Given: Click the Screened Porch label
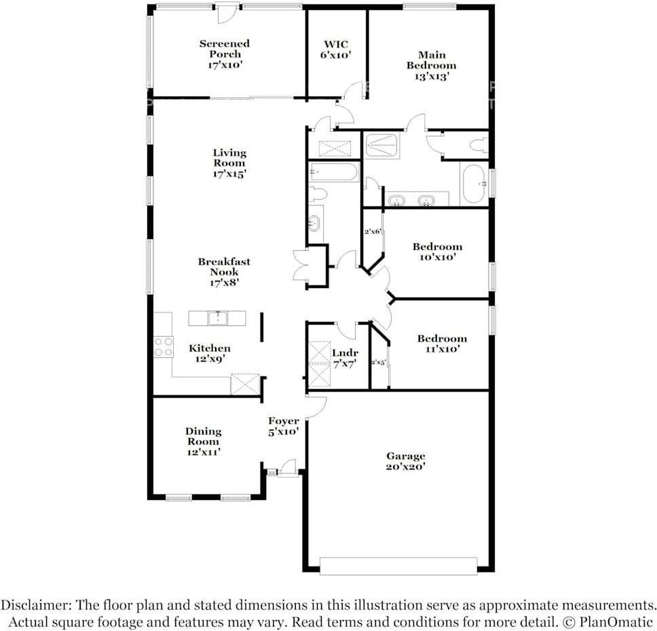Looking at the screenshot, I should click(225, 54).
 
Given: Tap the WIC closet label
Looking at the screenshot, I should click(335, 50).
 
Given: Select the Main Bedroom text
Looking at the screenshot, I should click(431, 65).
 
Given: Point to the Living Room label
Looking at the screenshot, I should click(229, 163).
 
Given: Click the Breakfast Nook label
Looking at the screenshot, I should click(224, 271).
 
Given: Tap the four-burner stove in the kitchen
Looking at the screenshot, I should click(163, 346).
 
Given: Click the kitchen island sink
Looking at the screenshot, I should click(217, 318).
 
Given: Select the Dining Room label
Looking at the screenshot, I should click(203, 441).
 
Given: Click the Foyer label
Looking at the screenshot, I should click(283, 426).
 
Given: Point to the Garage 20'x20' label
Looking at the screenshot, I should click(406, 461).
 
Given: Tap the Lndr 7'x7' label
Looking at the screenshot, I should click(345, 359).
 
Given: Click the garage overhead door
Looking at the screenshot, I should click(398, 565).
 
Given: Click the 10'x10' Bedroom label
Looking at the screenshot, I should click(437, 251).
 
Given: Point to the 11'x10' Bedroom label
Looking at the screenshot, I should click(442, 344).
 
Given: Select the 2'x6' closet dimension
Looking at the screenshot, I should click(373, 232).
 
